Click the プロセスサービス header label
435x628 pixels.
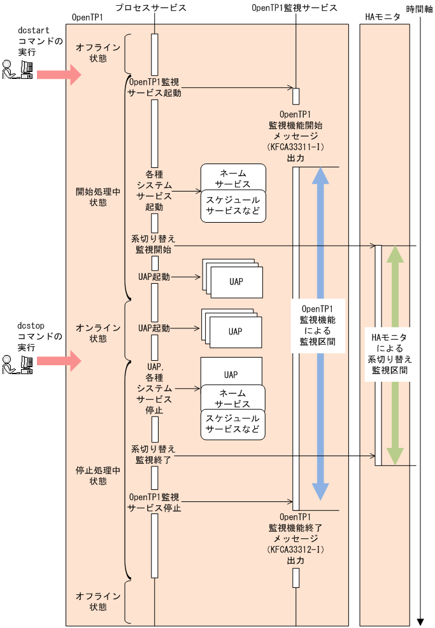click(x=152, y=8)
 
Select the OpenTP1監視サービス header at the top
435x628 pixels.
click(x=294, y=8)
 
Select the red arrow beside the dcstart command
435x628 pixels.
click(x=59, y=75)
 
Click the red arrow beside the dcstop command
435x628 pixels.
click(x=59, y=361)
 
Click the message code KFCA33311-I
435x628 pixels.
click(x=296, y=147)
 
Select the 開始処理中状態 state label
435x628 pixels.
click(x=98, y=197)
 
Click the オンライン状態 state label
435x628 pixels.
click(x=98, y=333)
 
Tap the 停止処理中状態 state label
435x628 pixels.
click(x=98, y=477)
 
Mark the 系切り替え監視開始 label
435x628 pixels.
click(x=153, y=244)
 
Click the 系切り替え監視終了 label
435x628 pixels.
click(x=153, y=454)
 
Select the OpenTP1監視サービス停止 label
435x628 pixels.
click(x=154, y=502)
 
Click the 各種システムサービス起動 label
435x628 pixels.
click(x=154, y=190)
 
